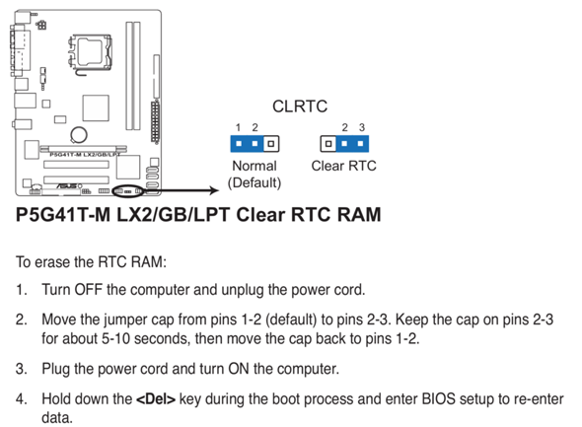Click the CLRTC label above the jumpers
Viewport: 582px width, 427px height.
300,107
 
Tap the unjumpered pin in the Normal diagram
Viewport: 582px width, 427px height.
271,144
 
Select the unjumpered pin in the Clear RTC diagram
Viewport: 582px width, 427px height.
328,144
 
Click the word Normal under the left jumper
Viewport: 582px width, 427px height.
255,166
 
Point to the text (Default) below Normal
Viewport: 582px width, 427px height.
255,182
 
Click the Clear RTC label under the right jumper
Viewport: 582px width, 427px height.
343,166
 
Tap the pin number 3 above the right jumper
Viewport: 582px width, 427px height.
362,127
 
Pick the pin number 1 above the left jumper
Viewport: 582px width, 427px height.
239,127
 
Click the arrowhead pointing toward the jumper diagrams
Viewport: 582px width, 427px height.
214,190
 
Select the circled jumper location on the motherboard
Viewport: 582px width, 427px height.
129,191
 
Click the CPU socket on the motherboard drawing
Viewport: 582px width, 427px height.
90,52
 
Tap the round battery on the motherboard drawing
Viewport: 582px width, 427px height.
79,135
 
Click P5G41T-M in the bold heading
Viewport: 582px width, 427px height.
63,215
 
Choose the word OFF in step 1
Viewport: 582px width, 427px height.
89,290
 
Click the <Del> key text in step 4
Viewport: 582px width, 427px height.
156,399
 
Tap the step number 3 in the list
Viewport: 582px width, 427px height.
21,369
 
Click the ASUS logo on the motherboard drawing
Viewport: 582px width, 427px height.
67,185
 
